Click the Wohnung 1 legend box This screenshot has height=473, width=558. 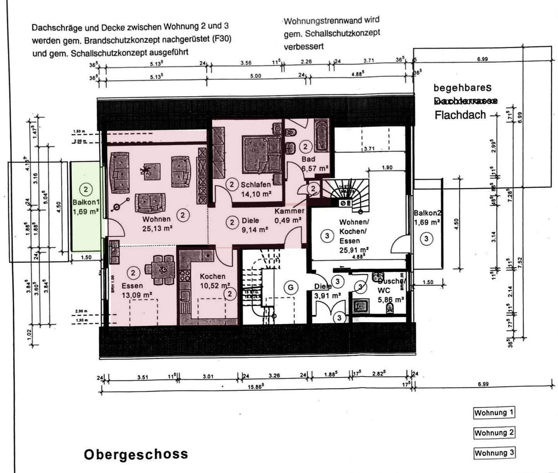click(x=494, y=413)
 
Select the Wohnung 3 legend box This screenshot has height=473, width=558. click(x=494, y=453)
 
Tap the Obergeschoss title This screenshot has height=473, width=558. click(x=136, y=454)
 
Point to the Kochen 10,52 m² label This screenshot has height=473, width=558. click(x=213, y=281)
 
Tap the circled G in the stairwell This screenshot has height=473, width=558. click(x=290, y=287)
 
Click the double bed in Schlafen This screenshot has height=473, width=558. click(x=262, y=154)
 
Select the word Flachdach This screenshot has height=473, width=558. click(x=460, y=115)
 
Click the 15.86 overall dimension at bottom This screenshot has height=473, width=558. click(x=256, y=387)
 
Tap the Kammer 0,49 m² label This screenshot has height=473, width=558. click(x=289, y=216)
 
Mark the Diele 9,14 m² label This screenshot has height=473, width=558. click(x=254, y=225)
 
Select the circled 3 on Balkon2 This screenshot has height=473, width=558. click(x=426, y=239)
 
